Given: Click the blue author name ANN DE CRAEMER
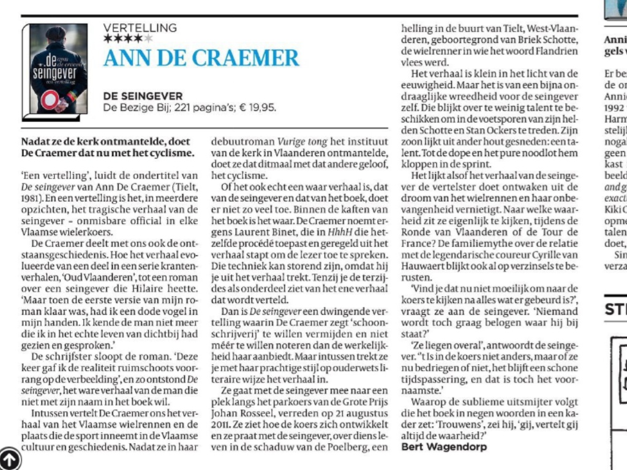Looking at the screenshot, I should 201,58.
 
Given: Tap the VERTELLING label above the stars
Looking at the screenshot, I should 140,28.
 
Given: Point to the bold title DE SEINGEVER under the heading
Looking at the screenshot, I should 142,96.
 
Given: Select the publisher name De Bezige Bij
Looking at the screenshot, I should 132,108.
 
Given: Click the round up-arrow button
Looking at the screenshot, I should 10,459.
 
